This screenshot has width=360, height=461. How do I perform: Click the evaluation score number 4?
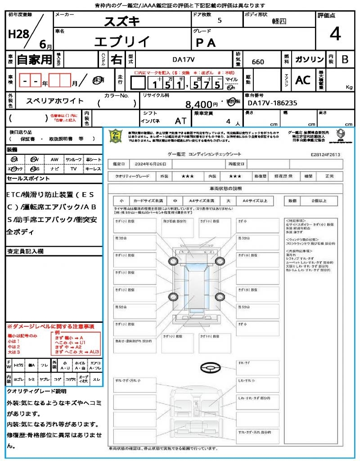tap(335, 35)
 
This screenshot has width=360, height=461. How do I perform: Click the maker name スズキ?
tap(122, 21)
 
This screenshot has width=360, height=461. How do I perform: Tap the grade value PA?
tap(206, 43)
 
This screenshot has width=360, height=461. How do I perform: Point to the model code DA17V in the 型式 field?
tap(184, 59)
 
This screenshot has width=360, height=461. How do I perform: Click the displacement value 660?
tap(258, 62)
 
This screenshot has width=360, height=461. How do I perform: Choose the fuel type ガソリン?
tap(309, 59)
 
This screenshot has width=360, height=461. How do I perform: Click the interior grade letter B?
tap(345, 59)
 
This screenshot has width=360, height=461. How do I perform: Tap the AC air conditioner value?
tap(303, 80)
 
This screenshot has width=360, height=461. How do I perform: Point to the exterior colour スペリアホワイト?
tap(55, 101)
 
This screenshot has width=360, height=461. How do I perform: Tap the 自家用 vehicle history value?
tap(34, 59)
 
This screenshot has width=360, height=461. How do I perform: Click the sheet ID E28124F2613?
tap(325, 154)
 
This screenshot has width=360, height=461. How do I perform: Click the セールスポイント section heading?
tap(28, 179)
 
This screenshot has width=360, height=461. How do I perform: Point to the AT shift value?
tap(180, 121)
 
